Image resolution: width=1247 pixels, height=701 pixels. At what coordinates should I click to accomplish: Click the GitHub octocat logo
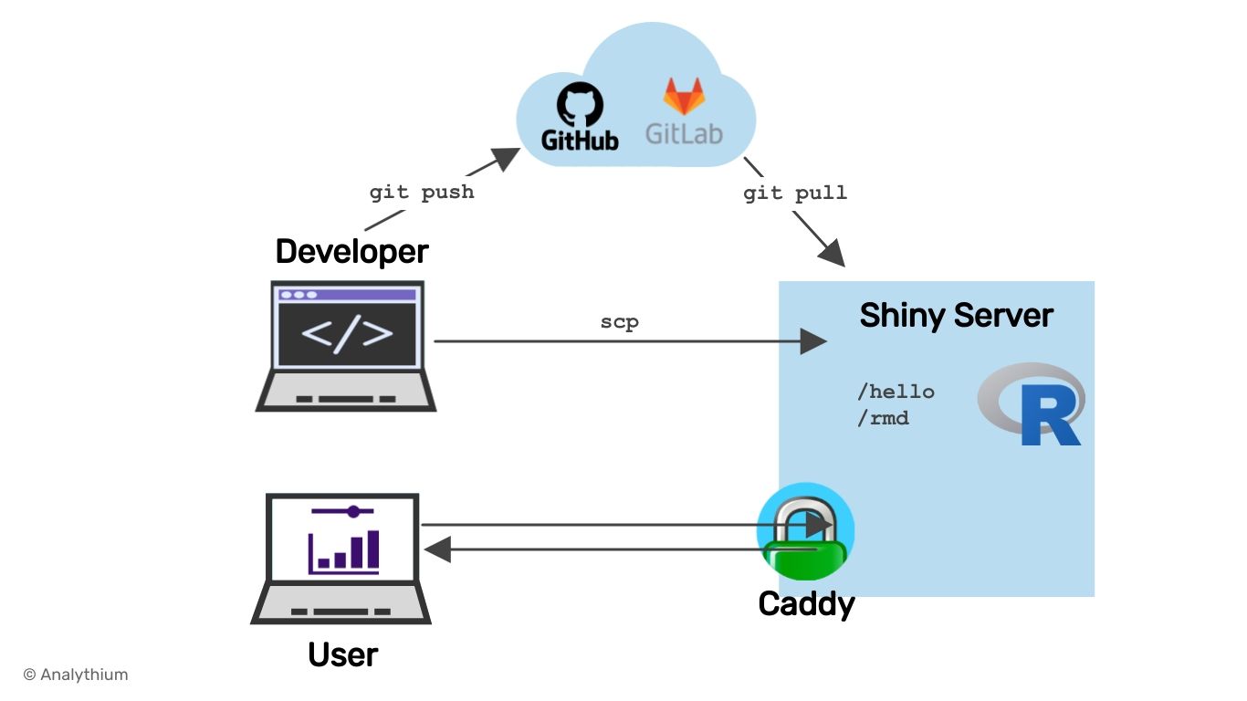point(580,104)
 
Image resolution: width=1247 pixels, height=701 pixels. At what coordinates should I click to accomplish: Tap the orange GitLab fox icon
point(684,96)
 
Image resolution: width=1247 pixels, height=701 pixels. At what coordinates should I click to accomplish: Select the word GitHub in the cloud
point(580,139)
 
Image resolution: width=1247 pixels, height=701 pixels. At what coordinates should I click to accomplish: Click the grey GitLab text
point(684,134)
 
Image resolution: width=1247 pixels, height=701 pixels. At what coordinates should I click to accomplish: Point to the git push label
point(422,193)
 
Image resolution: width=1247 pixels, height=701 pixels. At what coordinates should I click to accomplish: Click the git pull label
point(794,193)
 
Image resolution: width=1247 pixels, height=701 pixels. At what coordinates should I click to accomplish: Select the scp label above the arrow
point(619,322)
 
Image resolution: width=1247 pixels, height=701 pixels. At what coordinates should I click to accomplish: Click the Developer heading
point(352,251)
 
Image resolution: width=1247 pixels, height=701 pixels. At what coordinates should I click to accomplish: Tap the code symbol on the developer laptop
point(347,334)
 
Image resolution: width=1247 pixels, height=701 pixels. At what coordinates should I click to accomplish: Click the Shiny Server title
point(956,316)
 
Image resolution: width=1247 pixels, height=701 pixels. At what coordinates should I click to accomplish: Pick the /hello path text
point(896,392)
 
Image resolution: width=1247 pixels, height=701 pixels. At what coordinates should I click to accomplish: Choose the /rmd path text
point(883,419)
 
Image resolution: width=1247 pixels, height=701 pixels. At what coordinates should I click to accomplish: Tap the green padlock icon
point(805,534)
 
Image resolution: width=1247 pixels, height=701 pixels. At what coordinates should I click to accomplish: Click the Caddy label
point(806,604)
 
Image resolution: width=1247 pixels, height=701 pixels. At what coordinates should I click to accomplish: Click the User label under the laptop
point(342,654)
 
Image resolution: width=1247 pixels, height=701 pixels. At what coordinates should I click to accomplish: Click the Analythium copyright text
point(76,675)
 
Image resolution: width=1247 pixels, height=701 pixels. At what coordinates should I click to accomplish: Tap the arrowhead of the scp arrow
point(813,341)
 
